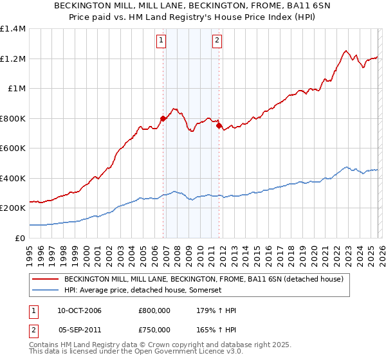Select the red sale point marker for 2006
point(163,118)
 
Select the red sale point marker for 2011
point(219,126)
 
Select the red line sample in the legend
point(46,280)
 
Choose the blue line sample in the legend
point(46,291)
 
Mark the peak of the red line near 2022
point(346,51)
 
